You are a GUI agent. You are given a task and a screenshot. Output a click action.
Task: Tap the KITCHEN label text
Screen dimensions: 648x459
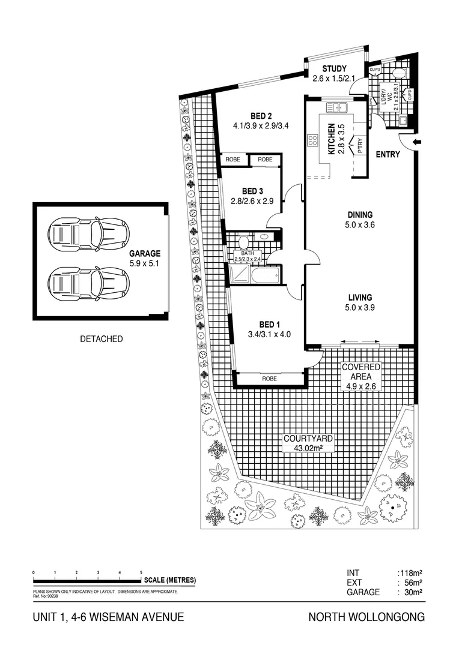pyautogui.click(x=331, y=139)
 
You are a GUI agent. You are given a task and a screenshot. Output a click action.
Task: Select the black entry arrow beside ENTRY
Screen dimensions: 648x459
pyautogui.click(x=418, y=142)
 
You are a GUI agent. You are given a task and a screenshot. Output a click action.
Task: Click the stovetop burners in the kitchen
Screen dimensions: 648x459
pyautogui.click(x=313, y=141)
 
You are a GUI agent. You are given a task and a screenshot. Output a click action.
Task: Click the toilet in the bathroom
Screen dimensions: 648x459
pyautogui.click(x=244, y=242)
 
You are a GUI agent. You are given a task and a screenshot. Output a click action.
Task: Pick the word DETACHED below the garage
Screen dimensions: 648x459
pyautogui.click(x=101, y=339)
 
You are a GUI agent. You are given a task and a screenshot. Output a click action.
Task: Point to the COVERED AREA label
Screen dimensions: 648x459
pyautogui.click(x=360, y=371)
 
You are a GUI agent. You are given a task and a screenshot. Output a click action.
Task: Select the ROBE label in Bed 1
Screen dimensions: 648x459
pyautogui.click(x=269, y=379)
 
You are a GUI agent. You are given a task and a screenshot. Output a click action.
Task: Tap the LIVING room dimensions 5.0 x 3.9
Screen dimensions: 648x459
pyautogui.click(x=360, y=308)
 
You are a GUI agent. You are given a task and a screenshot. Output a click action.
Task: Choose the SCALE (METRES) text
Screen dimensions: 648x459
pyautogui.click(x=170, y=580)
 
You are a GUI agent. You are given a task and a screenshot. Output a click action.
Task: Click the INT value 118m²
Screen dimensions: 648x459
pyautogui.click(x=411, y=573)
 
